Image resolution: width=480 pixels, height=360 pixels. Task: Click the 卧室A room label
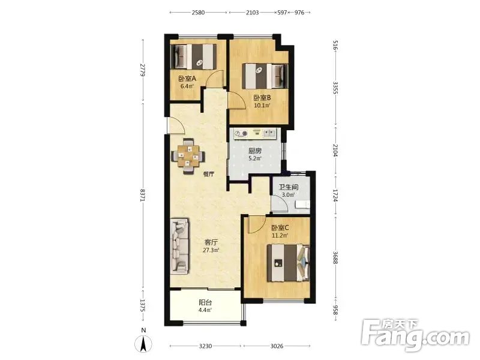click(187, 79)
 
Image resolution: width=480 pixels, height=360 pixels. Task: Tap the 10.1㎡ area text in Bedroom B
click(262, 106)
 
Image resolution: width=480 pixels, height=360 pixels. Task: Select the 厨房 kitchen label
click(255, 151)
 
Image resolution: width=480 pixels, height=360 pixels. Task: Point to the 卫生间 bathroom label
click(289, 187)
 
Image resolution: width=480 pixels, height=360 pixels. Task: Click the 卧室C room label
click(280, 228)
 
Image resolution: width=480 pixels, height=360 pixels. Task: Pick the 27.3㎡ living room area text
click(211, 250)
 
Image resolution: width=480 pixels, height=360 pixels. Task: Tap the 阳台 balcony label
click(205, 302)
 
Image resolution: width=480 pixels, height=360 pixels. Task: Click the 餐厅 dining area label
click(208, 174)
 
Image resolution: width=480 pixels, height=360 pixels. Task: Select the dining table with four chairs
click(188, 157)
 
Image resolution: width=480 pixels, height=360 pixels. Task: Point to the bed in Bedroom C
click(289, 263)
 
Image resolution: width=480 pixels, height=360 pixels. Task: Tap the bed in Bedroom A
click(193, 56)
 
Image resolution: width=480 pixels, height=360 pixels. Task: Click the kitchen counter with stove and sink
click(255, 133)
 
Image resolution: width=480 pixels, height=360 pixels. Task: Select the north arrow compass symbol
click(143, 343)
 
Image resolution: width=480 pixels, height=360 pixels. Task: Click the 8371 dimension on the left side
click(142, 195)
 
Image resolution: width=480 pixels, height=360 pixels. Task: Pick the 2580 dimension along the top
click(198, 13)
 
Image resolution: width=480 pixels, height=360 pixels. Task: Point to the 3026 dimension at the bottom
click(277, 346)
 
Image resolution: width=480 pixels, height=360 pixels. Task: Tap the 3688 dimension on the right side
click(335, 257)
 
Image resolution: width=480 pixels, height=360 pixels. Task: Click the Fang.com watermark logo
click(415, 336)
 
